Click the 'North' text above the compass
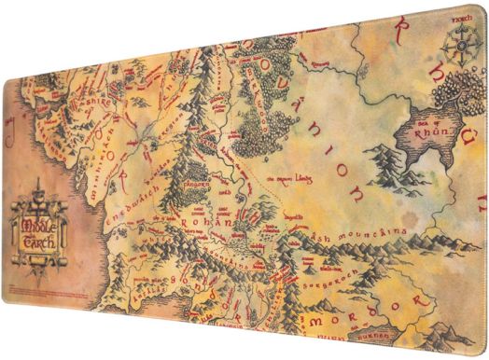tap(452, 17)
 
